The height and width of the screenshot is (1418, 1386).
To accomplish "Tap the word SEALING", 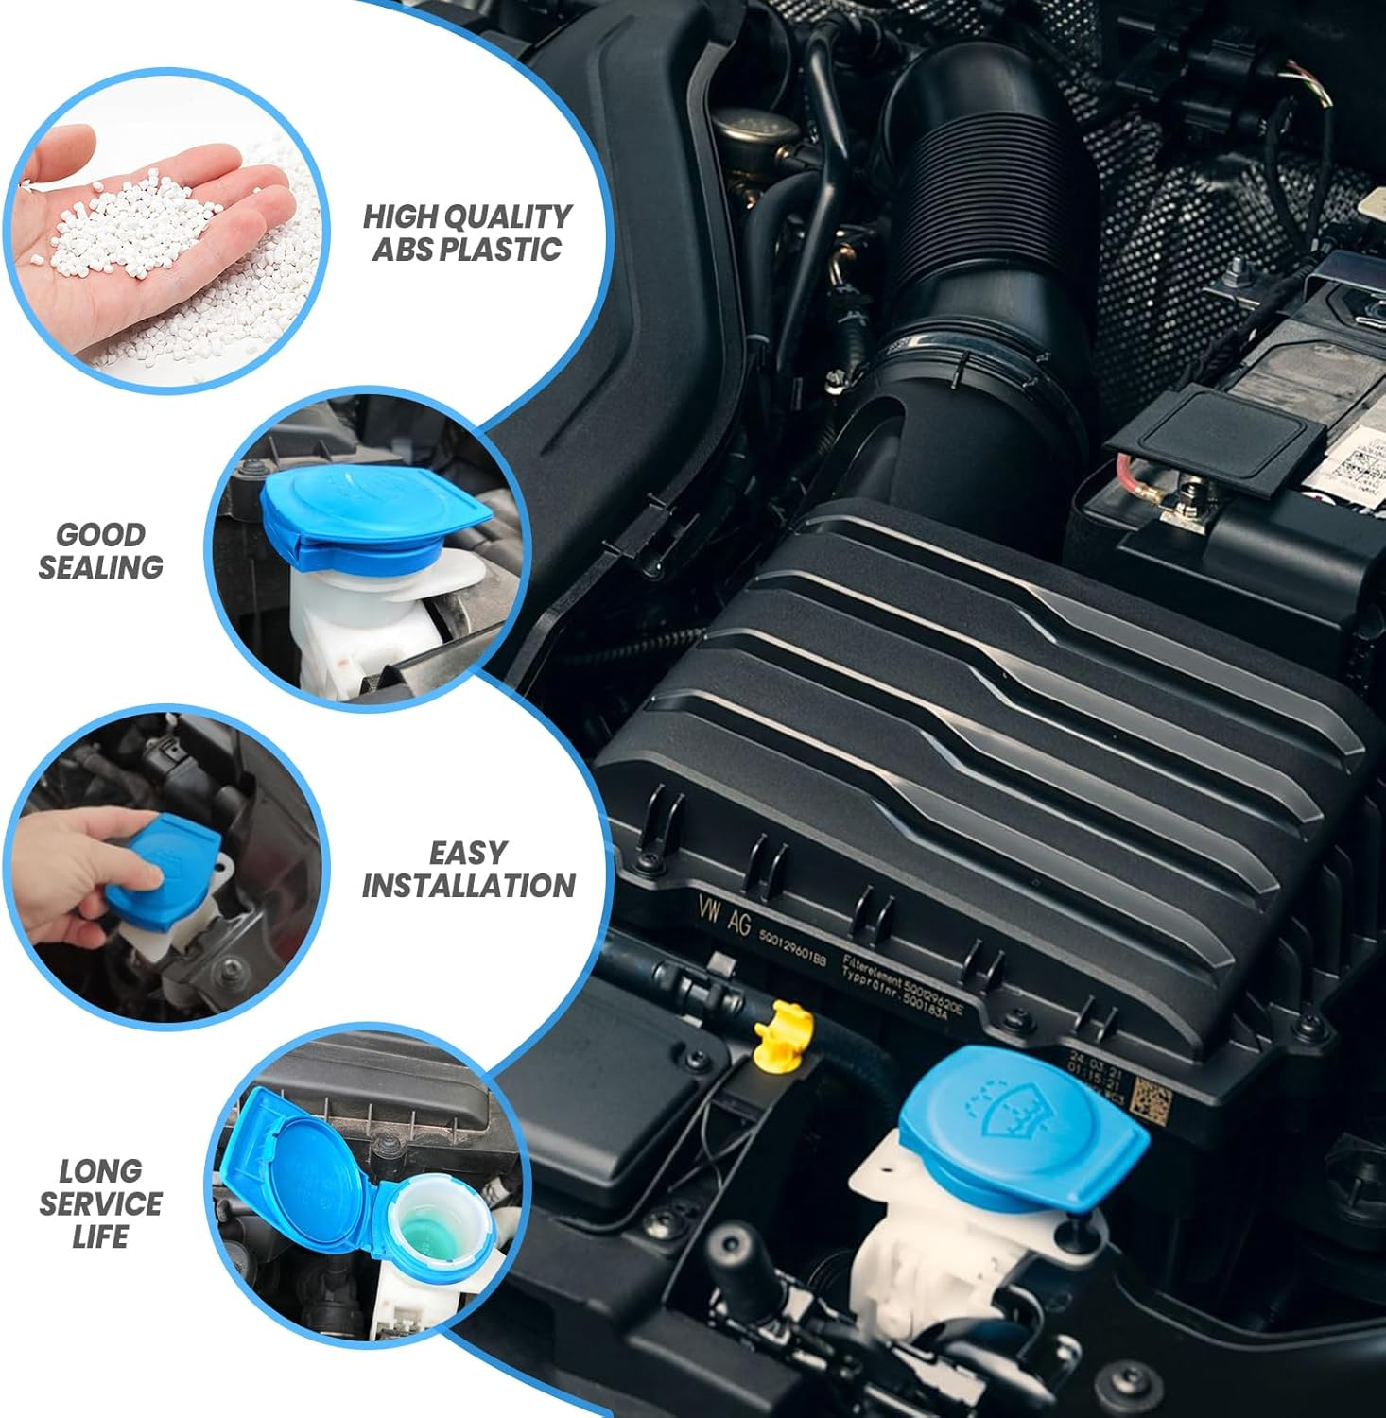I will [x=100, y=567].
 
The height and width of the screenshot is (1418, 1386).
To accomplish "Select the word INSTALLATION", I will [x=468, y=886].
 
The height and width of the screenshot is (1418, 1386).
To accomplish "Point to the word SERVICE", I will [x=100, y=1203].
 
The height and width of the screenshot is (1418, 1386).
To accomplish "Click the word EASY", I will [x=468, y=853].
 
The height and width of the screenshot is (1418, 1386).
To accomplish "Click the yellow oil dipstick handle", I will [x=784, y=1033].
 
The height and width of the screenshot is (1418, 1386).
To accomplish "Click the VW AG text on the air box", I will [x=724, y=914].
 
